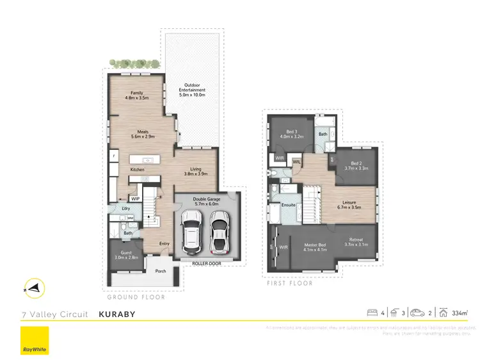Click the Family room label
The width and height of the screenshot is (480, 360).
137,95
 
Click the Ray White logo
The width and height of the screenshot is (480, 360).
35,341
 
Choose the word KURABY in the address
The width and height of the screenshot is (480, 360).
118,314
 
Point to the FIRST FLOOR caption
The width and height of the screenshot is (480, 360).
289,282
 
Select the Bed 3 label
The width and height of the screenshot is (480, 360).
291,134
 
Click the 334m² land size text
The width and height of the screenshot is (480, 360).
459,313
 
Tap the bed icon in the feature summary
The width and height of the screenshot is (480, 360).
371,313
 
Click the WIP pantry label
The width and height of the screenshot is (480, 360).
135,199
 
